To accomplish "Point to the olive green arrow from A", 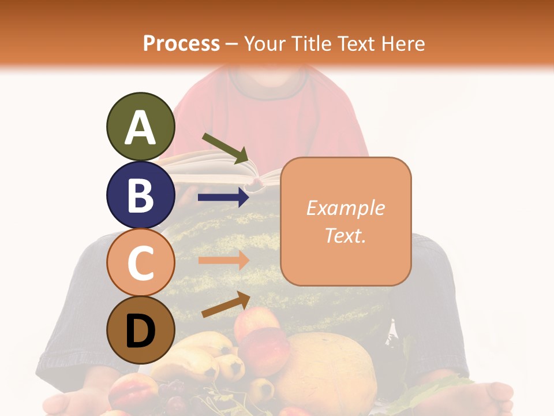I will pos(225,148).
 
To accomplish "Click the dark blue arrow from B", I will pos(223,198).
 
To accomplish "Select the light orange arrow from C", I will pos(223,260).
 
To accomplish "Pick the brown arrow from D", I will pos(226,304).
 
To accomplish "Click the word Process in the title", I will pos(181,43).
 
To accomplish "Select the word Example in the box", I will pos(345,208).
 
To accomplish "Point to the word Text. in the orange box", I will pos(345,236).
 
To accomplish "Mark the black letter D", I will pos(140,332).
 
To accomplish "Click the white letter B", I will pos(140,195).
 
